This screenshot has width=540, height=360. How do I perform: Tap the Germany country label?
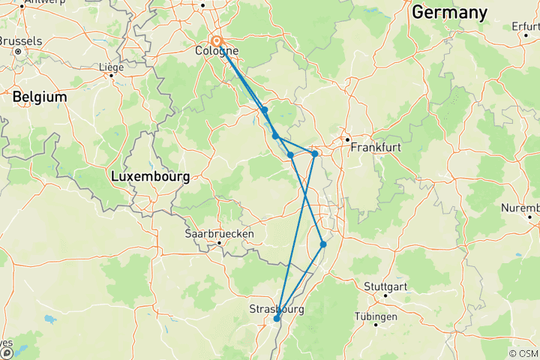point(449,13)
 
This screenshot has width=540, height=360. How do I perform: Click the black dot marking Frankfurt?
point(348,139)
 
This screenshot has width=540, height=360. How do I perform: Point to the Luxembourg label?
point(150,177)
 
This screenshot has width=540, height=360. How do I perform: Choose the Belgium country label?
point(39,97)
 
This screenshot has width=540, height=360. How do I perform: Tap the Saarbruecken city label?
point(220,234)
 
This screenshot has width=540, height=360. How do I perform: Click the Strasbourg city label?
point(277,307)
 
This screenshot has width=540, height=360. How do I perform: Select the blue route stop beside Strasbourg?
point(277,319)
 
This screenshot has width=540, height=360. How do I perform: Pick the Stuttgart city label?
point(388,286)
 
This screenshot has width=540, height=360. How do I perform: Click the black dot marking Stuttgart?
point(385,295)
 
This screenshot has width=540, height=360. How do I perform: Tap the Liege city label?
point(111,67)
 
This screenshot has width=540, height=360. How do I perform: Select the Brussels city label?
point(20,41)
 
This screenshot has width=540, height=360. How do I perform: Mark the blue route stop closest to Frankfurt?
point(315,154)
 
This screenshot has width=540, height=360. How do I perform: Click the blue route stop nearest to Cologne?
point(265,109)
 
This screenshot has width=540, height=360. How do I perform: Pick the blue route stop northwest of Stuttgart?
point(323,244)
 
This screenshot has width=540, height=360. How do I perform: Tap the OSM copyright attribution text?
point(523,353)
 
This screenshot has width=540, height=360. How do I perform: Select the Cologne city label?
point(217,51)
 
